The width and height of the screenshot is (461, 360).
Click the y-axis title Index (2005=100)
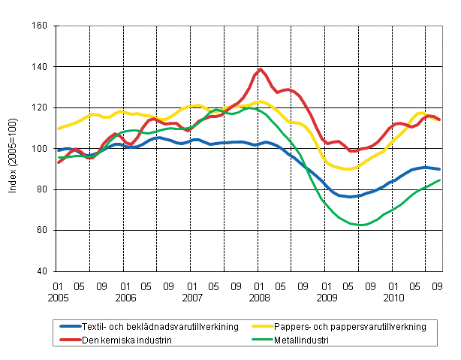pos(14,149)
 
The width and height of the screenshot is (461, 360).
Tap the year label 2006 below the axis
pos(125,298)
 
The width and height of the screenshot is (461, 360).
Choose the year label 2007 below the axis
pos(193,298)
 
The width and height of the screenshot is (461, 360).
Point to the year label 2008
pos(260,298)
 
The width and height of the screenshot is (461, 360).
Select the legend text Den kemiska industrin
pos(132,339)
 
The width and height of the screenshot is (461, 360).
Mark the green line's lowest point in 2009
pos(363,225)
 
